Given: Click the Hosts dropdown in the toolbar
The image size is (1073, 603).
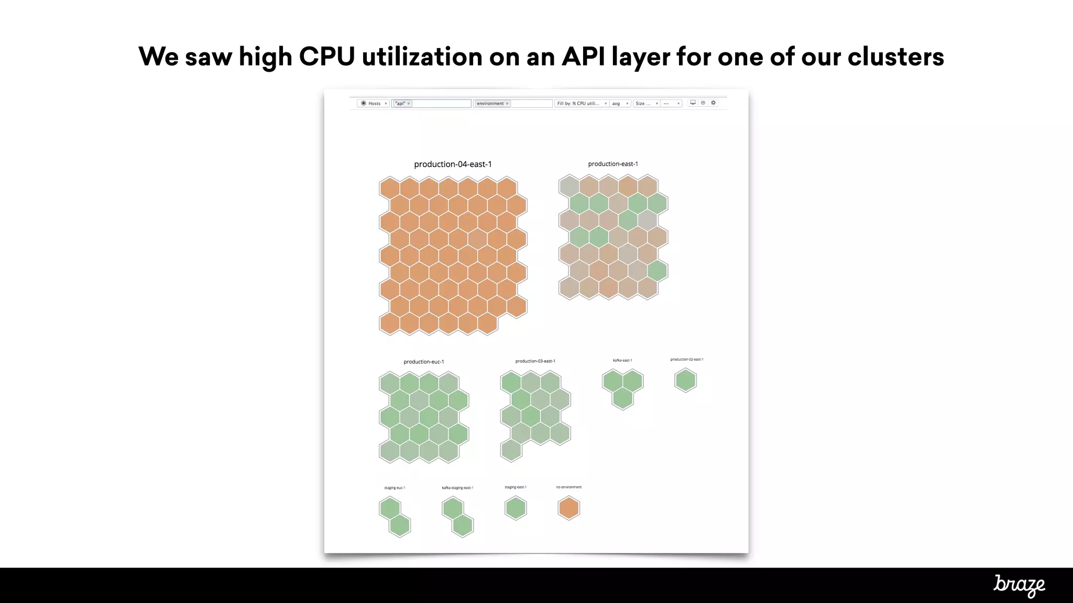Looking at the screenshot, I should (374, 104).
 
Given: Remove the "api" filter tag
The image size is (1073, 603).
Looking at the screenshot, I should (409, 104).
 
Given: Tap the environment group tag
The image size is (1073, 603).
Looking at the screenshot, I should (490, 104).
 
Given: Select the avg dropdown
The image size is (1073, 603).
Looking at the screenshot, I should (620, 104).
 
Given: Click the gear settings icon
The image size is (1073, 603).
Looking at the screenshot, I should (713, 103).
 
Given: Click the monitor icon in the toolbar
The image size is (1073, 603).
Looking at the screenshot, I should (693, 103).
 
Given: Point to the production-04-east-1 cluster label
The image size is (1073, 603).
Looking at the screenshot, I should (453, 164).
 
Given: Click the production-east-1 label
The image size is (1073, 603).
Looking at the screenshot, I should (613, 164).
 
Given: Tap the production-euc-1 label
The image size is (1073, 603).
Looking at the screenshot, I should (424, 362).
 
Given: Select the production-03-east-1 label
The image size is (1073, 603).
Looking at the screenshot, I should (535, 361).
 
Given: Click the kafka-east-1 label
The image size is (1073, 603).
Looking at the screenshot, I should (622, 360).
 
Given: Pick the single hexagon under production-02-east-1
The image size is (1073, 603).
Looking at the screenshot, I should (685, 381).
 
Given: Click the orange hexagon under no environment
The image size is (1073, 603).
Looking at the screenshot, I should (568, 508).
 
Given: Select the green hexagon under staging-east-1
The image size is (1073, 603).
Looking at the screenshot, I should (516, 508).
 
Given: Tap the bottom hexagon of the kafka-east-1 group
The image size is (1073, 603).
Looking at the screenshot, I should (622, 398).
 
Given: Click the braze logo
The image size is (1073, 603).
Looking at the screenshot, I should (1019, 585).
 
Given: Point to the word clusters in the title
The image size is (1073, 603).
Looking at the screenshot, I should (895, 57).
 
